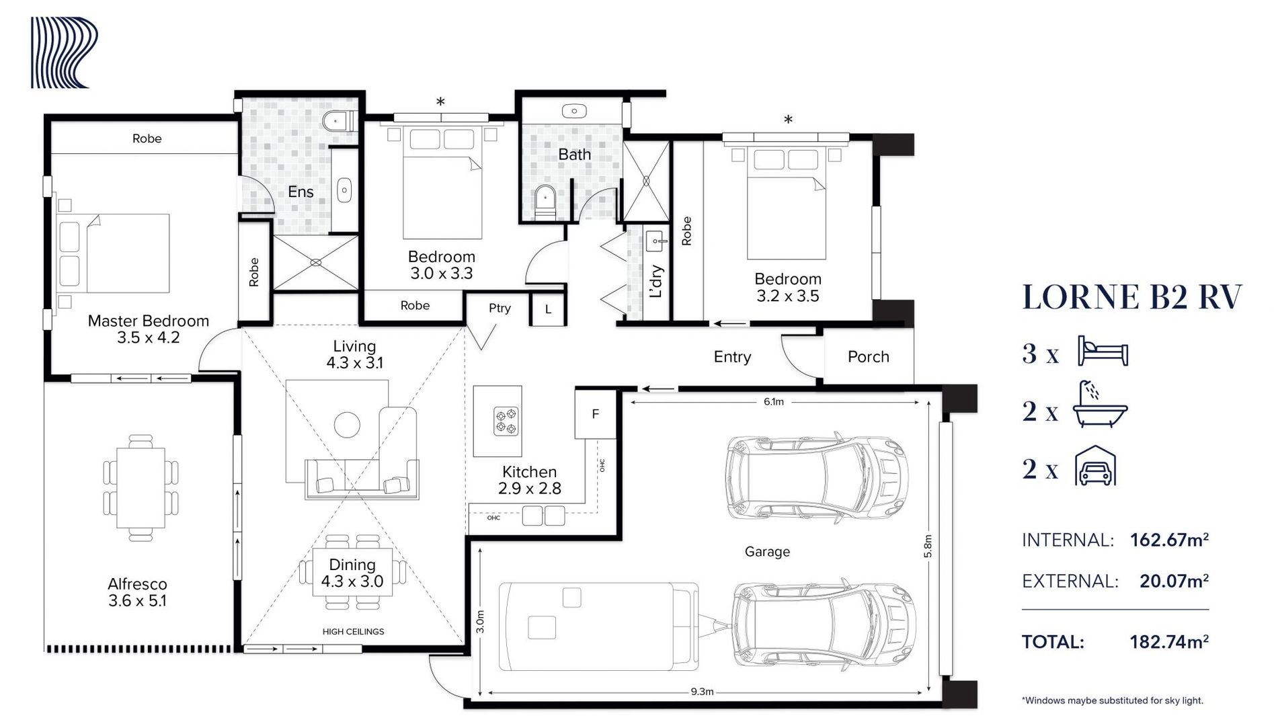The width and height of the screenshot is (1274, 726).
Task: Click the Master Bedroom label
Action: click(148, 321)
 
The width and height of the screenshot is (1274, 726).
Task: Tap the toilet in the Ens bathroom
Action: click(336, 122)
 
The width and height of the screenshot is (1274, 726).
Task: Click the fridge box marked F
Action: click(595, 414)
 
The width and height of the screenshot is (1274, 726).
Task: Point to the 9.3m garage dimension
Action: click(701, 691)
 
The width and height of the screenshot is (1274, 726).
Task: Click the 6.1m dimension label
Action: click(773, 402)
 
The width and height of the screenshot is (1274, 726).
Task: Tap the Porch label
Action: click(868, 357)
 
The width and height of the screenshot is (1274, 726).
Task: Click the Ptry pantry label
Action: click(500, 308)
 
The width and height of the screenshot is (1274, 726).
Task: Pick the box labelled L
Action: click(548, 310)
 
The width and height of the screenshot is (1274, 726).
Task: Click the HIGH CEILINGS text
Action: click(353, 632)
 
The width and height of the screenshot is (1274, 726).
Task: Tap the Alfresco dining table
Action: click(141, 488)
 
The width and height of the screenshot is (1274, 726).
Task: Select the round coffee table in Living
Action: click(348, 425)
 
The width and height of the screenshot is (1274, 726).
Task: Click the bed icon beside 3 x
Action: click(1103, 352)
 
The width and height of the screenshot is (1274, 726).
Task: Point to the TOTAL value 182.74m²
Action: click(1168, 642)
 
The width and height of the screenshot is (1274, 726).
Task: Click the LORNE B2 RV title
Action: click(1131, 298)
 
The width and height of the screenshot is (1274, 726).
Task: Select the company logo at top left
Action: click(65, 52)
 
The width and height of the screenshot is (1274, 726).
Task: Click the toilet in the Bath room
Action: click(545, 201)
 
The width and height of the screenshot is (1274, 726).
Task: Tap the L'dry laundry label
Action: click(657, 281)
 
